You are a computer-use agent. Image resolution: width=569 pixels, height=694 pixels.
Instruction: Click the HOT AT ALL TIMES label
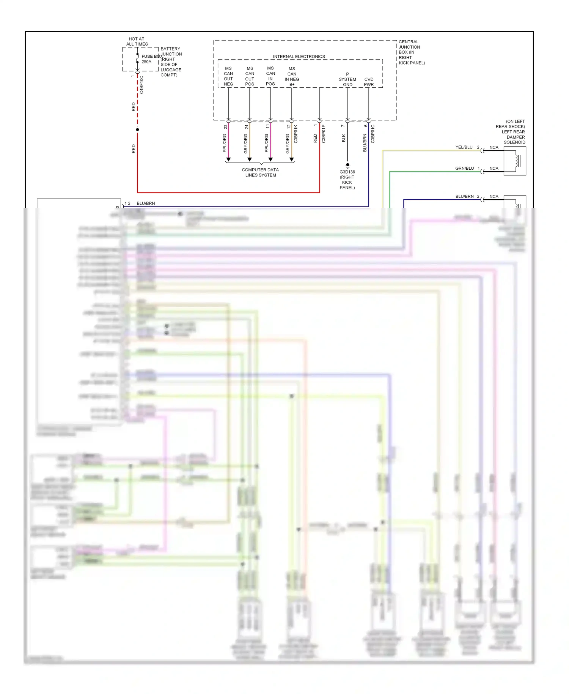(x=137, y=41)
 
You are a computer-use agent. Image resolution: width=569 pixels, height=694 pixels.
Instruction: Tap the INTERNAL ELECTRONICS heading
(x=299, y=57)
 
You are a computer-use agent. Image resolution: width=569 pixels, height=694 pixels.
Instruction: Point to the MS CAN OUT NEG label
(x=228, y=76)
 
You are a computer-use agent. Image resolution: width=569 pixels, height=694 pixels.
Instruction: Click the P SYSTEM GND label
(x=347, y=79)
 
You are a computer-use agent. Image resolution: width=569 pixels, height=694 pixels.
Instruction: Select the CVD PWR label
(x=369, y=82)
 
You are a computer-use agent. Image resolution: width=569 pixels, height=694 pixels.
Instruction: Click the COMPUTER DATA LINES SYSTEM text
(x=260, y=172)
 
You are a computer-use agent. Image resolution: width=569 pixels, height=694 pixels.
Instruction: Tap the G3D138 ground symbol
(x=347, y=166)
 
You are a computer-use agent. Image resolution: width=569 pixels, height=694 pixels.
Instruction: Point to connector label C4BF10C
(x=141, y=85)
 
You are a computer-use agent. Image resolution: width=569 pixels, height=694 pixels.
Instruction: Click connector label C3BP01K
(x=296, y=134)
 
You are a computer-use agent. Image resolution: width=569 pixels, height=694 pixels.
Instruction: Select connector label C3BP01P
(x=324, y=134)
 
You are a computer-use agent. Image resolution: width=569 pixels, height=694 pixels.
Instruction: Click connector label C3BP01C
(x=373, y=134)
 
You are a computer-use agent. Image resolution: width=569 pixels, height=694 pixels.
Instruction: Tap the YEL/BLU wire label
(x=464, y=147)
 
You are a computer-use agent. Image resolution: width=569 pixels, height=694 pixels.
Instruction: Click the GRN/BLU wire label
(x=464, y=168)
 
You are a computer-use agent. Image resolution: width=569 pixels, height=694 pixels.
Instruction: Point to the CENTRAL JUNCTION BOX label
(x=411, y=52)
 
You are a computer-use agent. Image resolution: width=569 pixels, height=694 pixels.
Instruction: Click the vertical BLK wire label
(x=344, y=138)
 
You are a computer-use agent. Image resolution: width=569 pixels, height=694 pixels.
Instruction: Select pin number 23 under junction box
(x=225, y=127)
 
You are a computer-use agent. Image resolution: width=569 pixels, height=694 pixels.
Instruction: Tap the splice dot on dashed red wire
(x=137, y=130)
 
